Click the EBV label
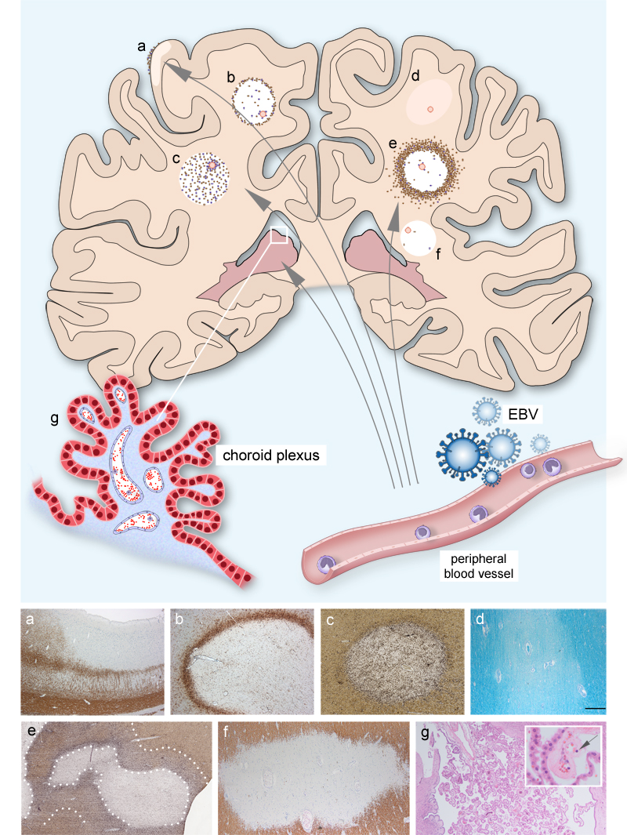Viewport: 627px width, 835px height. pos(524,414)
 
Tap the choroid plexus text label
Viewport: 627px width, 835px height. pos(271,456)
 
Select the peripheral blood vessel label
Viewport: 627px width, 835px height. pos(478,566)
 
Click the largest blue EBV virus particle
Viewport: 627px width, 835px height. pos(461,452)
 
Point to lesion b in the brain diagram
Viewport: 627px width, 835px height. pos(253,100)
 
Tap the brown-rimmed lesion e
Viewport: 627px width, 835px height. pos(426,171)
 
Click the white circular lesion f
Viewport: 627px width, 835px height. pos(419,238)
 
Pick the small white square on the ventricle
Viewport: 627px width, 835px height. pos(279,235)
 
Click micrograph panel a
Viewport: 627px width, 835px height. pos(92,662)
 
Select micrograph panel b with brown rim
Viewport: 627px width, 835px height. pos(242,662)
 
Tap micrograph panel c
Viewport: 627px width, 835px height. pos(393,662)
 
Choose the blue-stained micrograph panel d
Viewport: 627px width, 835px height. pos(538,662)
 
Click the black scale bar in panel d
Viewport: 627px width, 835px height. pos(595,708)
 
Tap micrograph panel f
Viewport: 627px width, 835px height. pos(314,778)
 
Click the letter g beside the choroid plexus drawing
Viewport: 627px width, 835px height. pos(54,419)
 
